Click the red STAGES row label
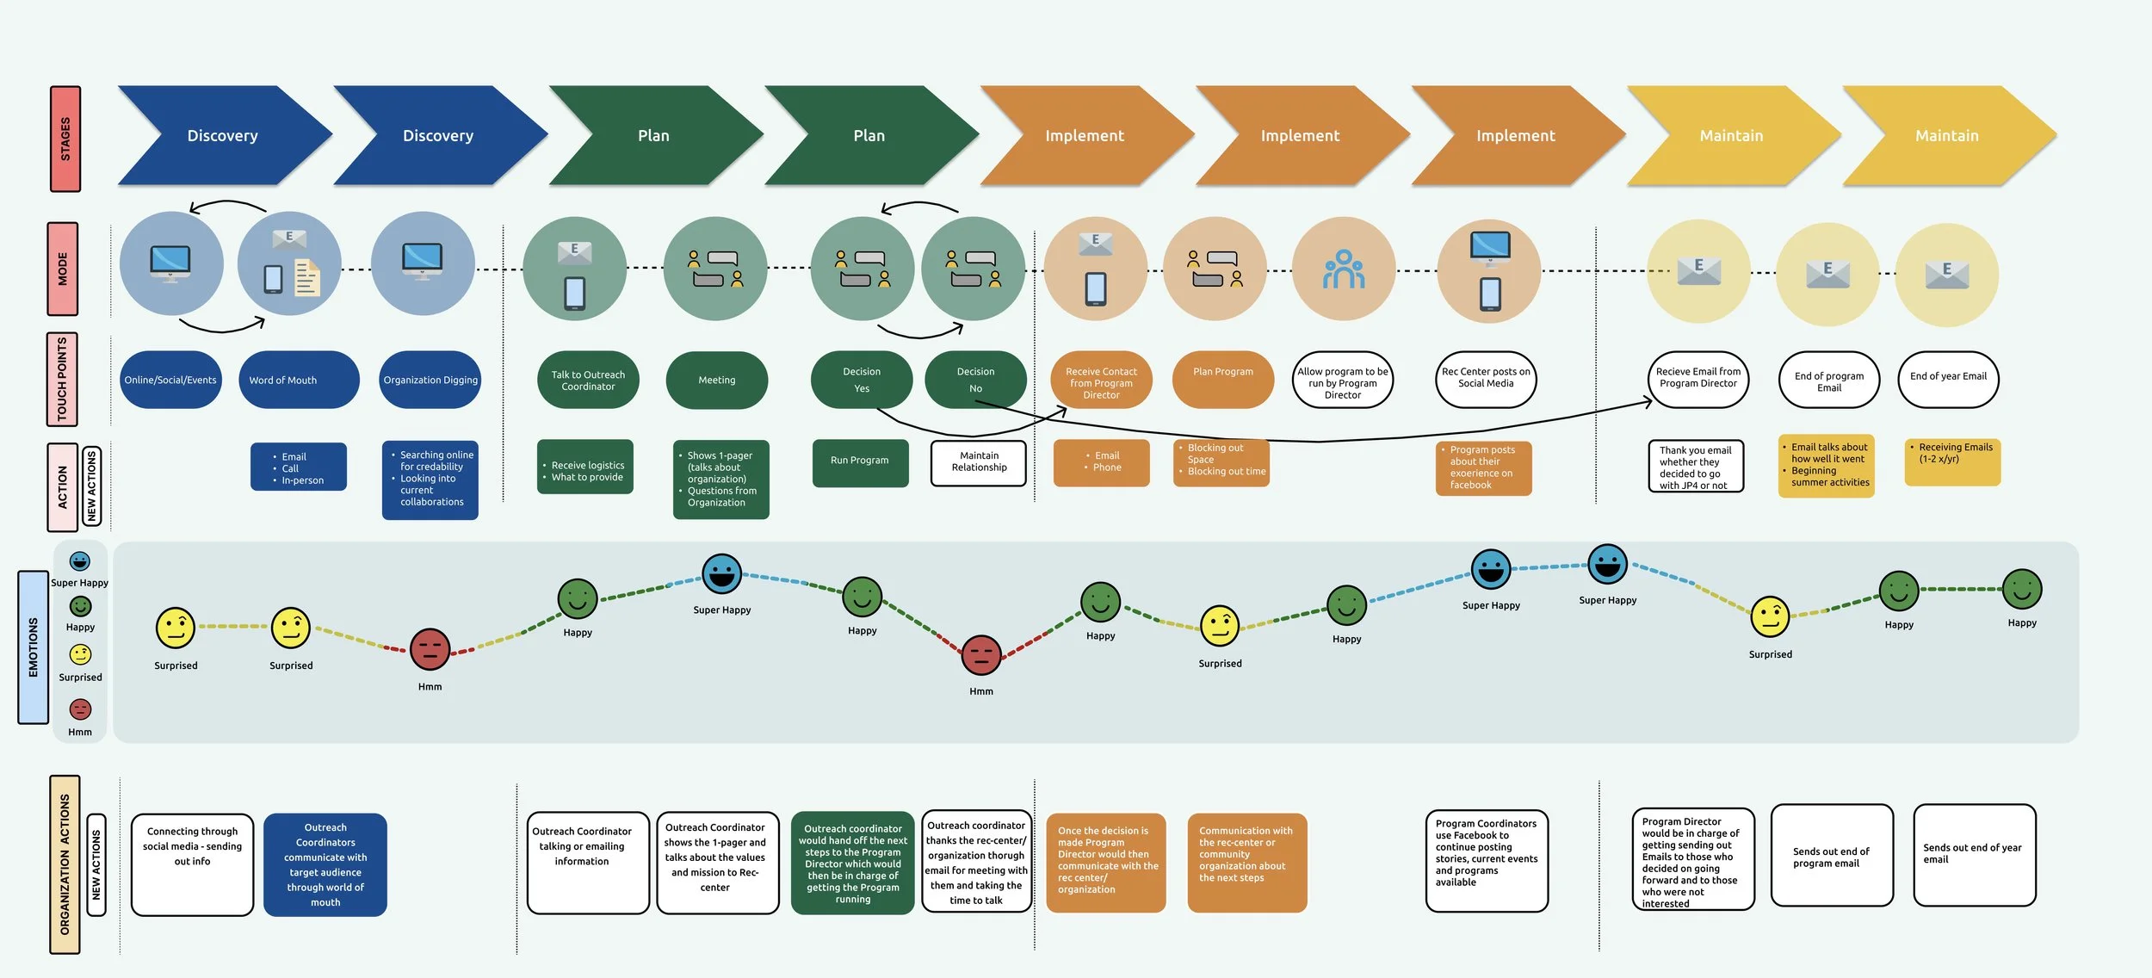point(65,139)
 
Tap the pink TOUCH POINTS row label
point(62,379)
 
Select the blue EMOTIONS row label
point(34,647)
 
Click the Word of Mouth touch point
point(298,380)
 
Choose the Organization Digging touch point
point(430,380)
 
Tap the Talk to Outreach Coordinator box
point(588,380)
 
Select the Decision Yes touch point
point(861,380)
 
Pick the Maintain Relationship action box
point(979,462)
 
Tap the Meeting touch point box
point(716,380)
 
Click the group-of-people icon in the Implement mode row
point(1344,269)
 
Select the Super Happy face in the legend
point(80,561)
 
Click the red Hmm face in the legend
point(80,709)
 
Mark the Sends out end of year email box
point(1974,854)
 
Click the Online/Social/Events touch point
point(170,380)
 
